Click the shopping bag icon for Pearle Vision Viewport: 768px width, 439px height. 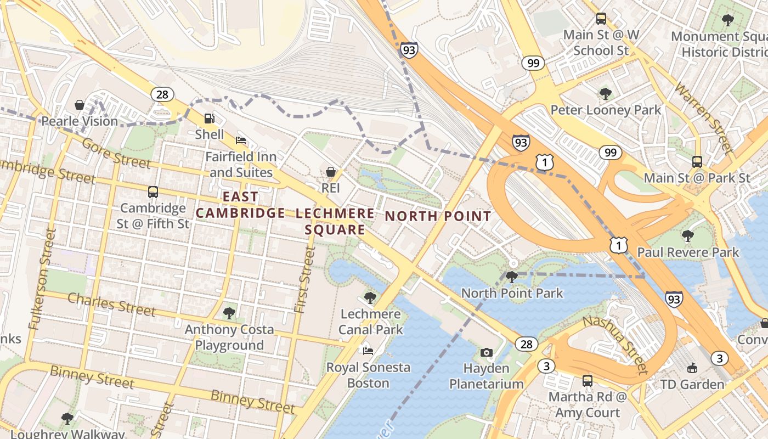coord(80,104)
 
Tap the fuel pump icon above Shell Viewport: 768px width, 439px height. coord(209,118)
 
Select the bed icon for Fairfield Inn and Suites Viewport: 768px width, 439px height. coord(240,140)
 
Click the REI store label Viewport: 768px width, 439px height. coord(331,188)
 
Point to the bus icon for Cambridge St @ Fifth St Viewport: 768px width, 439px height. coord(153,192)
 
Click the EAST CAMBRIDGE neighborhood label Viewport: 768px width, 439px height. coord(241,205)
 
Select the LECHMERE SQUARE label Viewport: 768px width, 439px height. coord(335,221)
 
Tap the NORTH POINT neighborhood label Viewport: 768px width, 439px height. coord(438,216)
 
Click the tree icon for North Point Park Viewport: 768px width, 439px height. coord(511,277)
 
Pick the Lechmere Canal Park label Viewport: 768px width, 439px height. coord(371,322)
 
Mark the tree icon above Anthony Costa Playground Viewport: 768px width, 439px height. coord(229,313)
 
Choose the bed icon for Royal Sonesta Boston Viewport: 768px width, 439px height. coord(368,351)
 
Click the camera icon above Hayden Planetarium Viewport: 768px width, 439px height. coord(486,352)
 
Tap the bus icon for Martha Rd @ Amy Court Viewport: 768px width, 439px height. coord(588,380)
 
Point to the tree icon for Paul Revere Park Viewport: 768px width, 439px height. coord(687,236)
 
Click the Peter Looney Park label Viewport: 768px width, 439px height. coord(606,110)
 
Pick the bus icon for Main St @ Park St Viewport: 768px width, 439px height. coord(697,162)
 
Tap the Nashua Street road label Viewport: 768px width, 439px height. coord(615,345)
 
